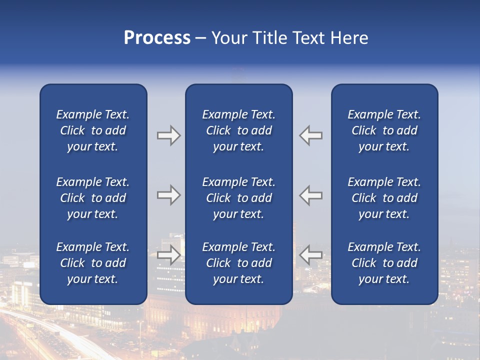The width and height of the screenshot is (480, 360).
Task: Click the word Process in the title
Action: coord(157,38)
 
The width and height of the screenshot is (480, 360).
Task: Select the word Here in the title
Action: coord(350,38)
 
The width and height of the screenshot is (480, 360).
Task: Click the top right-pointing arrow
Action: coord(168,135)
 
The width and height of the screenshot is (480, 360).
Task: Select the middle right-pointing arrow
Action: coord(168,195)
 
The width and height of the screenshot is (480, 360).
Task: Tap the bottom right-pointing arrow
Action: coord(168,255)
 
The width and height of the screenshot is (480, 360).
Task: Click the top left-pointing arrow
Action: coord(311,135)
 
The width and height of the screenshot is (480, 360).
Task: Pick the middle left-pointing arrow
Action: coord(311,195)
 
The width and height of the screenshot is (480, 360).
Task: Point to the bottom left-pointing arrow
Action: coord(311,255)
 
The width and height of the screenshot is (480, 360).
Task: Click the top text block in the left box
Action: coord(93,130)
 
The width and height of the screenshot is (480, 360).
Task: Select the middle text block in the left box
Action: coord(93,198)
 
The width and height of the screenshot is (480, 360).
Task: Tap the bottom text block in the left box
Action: coord(93,263)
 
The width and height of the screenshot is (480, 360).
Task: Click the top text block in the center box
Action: coord(239,130)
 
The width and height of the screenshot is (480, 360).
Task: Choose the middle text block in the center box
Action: coord(239,198)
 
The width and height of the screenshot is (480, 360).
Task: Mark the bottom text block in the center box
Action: coord(239,263)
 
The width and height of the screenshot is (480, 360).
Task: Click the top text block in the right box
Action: coord(384,130)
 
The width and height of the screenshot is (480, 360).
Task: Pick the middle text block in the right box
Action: coord(384,198)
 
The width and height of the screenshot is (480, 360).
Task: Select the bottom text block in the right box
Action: coord(384,263)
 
